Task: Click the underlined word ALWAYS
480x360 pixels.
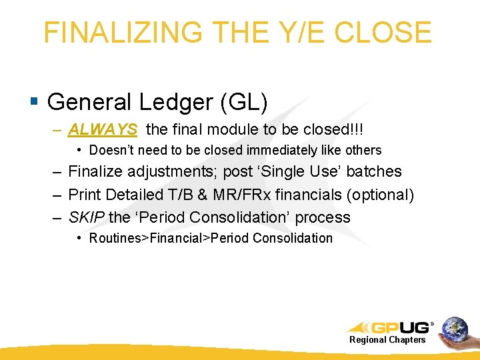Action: pos(103,128)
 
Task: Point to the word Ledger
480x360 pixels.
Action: pos(175,102)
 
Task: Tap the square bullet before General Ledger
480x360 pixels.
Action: pos(34,102)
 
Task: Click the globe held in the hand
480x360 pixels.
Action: pos(455,329)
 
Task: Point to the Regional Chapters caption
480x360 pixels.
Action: pos(387,340)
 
